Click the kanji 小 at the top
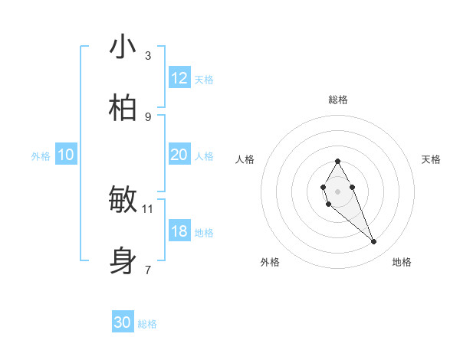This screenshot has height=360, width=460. (123, 47)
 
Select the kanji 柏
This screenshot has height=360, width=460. (123, 109)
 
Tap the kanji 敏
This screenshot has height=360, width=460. (123, 200)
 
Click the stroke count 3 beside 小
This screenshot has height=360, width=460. (148, 55)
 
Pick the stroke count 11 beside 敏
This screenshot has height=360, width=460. (148, 208)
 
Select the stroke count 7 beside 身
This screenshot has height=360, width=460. (148, 270)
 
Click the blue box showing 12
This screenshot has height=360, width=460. (179, 78)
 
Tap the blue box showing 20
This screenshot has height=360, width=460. (179, 155)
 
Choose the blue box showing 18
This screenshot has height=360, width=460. (179, 231)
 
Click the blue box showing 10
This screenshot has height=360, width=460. (66, 155)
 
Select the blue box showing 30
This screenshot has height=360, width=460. (123, 322)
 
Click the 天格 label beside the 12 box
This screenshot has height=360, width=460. (204, 80)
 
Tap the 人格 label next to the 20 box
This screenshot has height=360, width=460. (204, 156)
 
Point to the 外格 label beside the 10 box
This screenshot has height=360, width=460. (41, 156)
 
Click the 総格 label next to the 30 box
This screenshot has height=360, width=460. (147, 324)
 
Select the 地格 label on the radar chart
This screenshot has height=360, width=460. (402, 263)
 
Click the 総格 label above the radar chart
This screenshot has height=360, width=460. (337, 100)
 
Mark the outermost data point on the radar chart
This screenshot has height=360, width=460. (374, 242)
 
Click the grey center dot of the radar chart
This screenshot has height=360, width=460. (337, 190)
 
